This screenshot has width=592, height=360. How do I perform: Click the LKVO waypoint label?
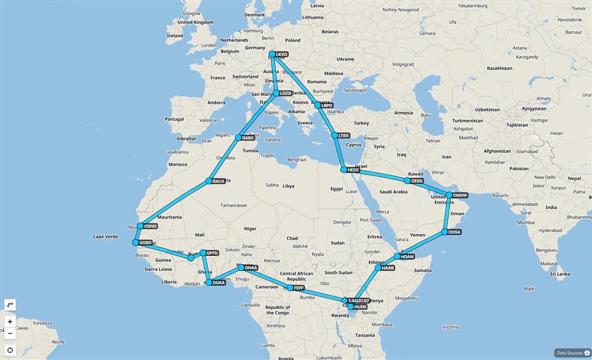tap(282, 54)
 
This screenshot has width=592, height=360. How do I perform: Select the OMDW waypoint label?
tap(460, 195)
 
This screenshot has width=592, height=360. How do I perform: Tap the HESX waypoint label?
tap(353, 170)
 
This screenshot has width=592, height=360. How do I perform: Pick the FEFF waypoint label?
tap(299, 288)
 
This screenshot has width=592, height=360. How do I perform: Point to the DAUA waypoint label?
tap(218, 181)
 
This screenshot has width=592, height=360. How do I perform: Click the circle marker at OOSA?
tap(445, 232)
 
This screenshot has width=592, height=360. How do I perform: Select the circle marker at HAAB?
tap(378, 268)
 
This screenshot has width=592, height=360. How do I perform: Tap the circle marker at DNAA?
tap(241, 268)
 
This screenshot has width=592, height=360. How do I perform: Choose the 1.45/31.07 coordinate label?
tap(359, 301)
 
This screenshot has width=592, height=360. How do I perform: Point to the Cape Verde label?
tap(104, 237)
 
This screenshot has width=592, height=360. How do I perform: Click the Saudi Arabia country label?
tap(394, 192)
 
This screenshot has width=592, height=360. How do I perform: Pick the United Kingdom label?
tap(195, 22)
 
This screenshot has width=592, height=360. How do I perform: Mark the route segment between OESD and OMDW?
tap(428, 188)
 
